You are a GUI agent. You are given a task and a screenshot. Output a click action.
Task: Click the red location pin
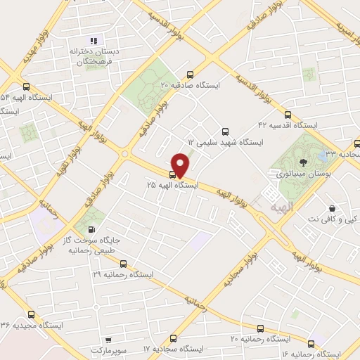(x=180, y=165)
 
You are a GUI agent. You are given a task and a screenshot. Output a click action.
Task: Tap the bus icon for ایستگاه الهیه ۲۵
(x=173, y=174)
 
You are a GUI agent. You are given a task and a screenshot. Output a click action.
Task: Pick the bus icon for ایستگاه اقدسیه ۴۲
(x=287, y=114)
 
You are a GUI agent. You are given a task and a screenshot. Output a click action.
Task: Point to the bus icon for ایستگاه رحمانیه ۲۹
(x=124, y=264)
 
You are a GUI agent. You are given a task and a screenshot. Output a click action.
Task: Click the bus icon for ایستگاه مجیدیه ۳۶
(x=30, y=314)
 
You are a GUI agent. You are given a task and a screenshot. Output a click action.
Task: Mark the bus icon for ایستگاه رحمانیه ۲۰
(x=261, y=328)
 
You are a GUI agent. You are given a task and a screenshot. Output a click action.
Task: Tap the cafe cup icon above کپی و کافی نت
(x=333, y=208)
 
